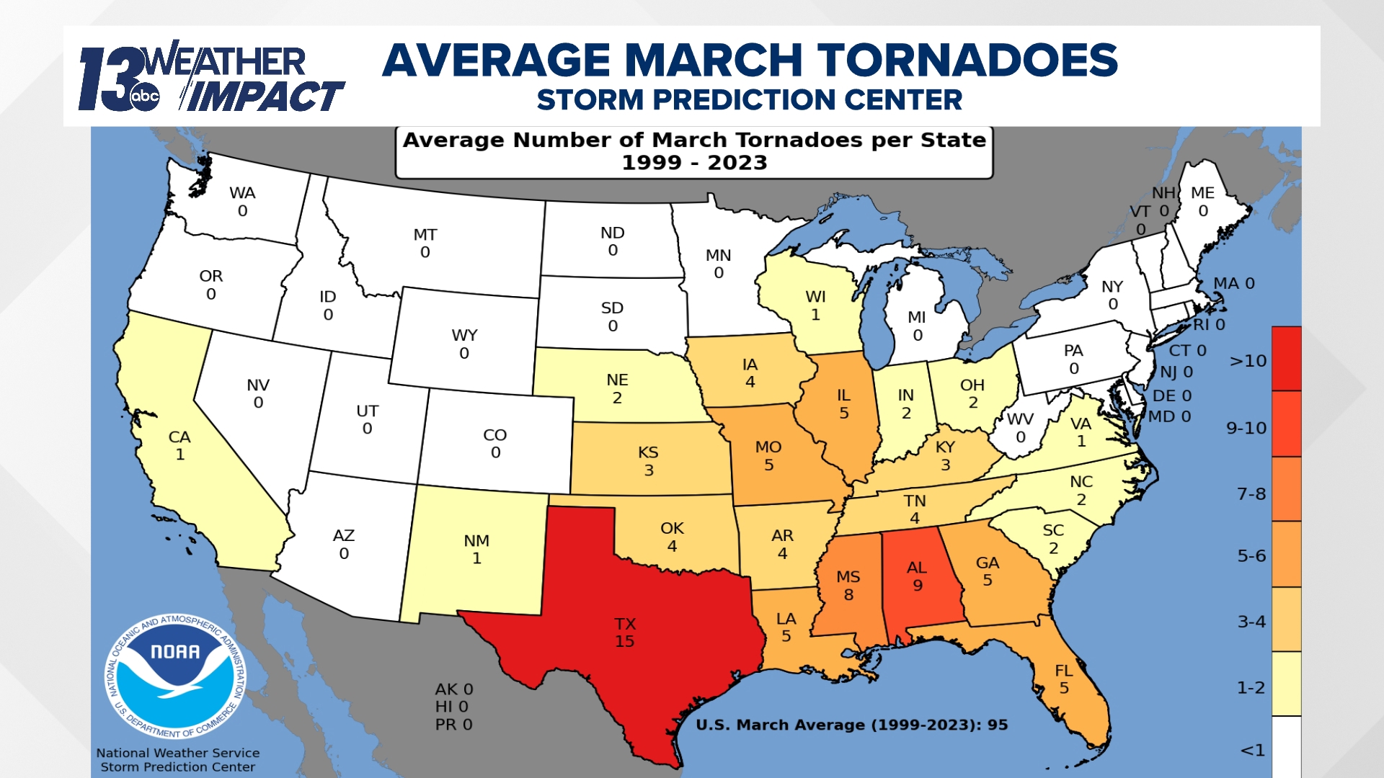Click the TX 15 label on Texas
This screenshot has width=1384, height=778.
[624, 632]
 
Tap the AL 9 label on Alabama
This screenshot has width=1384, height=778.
[917, 576]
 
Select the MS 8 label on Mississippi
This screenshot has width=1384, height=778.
[848, 586]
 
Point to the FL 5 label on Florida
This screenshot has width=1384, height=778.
[1064, 679]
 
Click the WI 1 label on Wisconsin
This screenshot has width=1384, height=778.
[815, 305]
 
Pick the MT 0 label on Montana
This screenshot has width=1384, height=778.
[425, 243]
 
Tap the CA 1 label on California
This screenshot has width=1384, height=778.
[179, 446]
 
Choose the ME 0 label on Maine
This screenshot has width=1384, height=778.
[1202, 202]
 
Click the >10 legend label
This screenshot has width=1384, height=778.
[1248, 361]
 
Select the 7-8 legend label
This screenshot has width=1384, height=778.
[1251, 494]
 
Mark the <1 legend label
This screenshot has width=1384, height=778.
[1253, 751]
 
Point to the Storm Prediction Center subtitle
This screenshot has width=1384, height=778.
[749, 100]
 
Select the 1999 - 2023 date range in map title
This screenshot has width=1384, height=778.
[694, 163]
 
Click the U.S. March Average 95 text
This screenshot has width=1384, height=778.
[851, 725]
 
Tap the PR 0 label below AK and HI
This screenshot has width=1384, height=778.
[453, 725]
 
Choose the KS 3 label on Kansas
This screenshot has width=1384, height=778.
[648, 461]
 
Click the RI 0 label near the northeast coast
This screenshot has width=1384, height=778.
[1209, 325]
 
